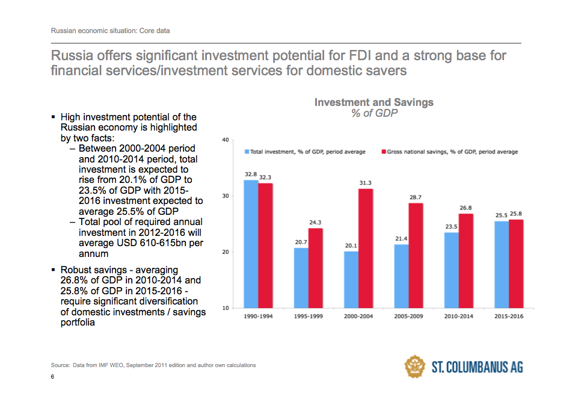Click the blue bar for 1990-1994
tap(250, 244)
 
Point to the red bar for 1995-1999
tap(315, 268)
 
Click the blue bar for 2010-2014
tap(451, 270)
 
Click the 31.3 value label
tap(366, 183)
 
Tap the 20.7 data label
tap(301, 242)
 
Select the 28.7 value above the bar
tap(416, 197)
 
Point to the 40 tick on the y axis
tap(226, 140)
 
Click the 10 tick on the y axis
tap(226, 308)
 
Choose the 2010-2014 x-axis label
tap(459, 317)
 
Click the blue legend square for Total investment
tap(246, 152)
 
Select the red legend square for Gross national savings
tap(383, 152)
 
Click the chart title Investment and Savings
tap(374, 102)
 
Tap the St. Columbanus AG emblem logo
tap(415, 366)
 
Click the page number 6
tap(52, 377)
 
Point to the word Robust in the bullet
tap(76, 270)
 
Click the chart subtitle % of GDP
tap(374, 113)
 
